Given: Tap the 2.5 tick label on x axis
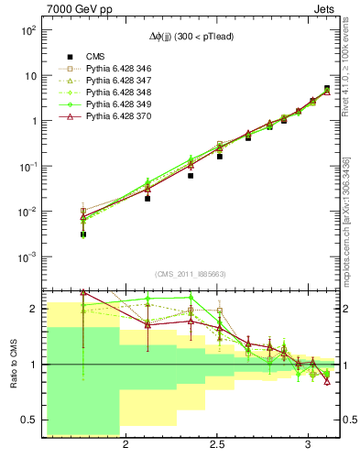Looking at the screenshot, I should click(217, 445).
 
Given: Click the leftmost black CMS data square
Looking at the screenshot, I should click(83, 234).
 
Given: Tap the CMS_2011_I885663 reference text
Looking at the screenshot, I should click(191, 274).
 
